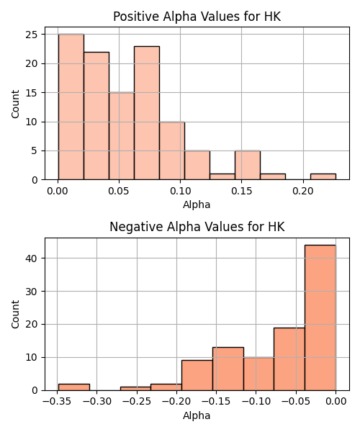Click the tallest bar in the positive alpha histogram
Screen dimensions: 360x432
[71, 107]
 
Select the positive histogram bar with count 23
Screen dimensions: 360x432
[147, 113]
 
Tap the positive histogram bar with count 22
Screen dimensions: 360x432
[96, 116]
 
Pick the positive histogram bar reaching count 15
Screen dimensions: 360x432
[122, 136]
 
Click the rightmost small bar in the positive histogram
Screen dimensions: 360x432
[323, 177]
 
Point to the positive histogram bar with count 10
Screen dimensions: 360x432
[172, 150]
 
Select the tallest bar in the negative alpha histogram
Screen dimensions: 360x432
[320, 318]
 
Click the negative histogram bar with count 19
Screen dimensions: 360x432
[289, 359]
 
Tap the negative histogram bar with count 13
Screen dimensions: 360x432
[228, 369]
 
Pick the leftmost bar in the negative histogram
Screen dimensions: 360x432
[74, 387]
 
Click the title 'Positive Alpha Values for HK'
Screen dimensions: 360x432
[197, 17]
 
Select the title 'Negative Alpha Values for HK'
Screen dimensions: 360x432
[197, 227]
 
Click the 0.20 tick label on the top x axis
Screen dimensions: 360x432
[303, 191]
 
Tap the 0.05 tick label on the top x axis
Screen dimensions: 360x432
[119, 191]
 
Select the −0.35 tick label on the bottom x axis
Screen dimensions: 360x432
[57, 401]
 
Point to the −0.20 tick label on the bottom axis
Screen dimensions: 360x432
[176, 401]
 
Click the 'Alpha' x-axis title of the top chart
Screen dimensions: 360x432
[197, 204]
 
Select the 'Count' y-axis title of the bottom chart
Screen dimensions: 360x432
[15, 315]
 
